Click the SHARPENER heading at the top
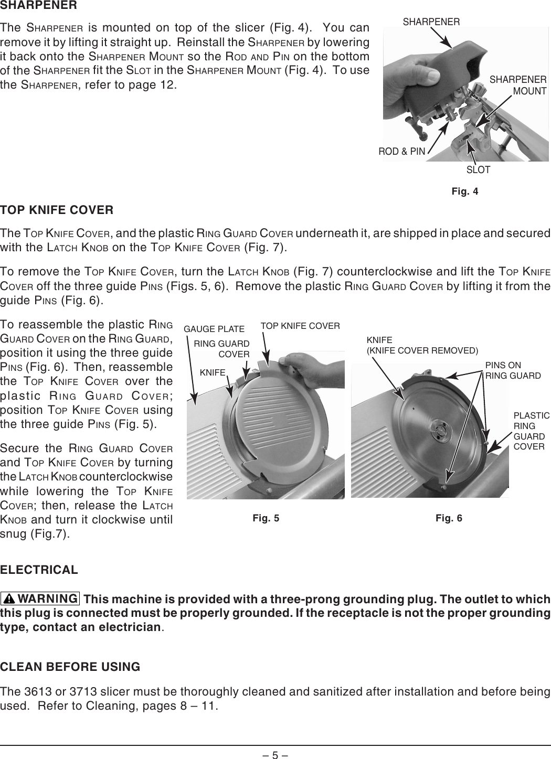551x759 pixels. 39,6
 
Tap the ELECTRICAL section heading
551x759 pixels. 39,570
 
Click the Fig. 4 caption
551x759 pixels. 464,191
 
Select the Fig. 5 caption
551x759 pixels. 266,519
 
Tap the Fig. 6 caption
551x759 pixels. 449,519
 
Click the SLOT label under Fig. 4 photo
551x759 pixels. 478,170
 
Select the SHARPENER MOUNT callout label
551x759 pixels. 518,85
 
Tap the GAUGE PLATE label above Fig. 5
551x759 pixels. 214,329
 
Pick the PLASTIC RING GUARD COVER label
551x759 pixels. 531,431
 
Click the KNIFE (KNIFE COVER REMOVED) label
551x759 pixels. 422,345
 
